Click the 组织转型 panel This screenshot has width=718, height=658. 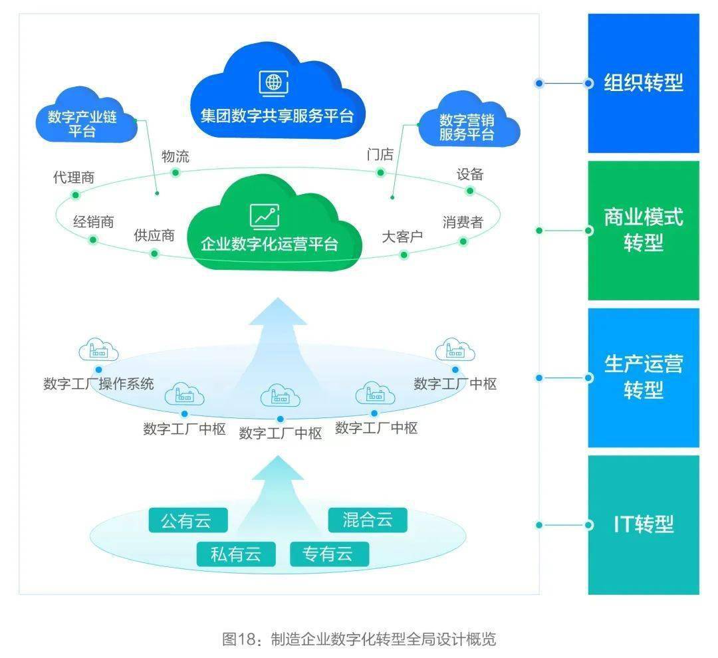click(643, 83)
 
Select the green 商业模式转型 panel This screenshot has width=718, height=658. click(643, 230)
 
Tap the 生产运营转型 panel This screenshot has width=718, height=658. click(643, 377)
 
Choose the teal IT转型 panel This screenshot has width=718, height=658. click(643, 524)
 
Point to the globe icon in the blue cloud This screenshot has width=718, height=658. click(273, 82)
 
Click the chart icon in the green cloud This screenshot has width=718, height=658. click(265, 215)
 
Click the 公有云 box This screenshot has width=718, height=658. click(185, 520)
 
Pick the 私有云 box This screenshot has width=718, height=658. click(235, 554)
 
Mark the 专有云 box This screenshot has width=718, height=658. click(328, 554)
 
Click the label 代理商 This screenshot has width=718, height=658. click(74, 177)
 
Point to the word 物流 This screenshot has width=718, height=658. click(176, 156)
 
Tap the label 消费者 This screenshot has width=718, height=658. click(463, 222)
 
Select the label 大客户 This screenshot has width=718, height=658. click(402, 237)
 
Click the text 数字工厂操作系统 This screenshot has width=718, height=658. click(98, 384)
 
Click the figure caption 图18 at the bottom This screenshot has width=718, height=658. click(359, 639)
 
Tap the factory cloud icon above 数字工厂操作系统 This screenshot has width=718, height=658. click(98, 351)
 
